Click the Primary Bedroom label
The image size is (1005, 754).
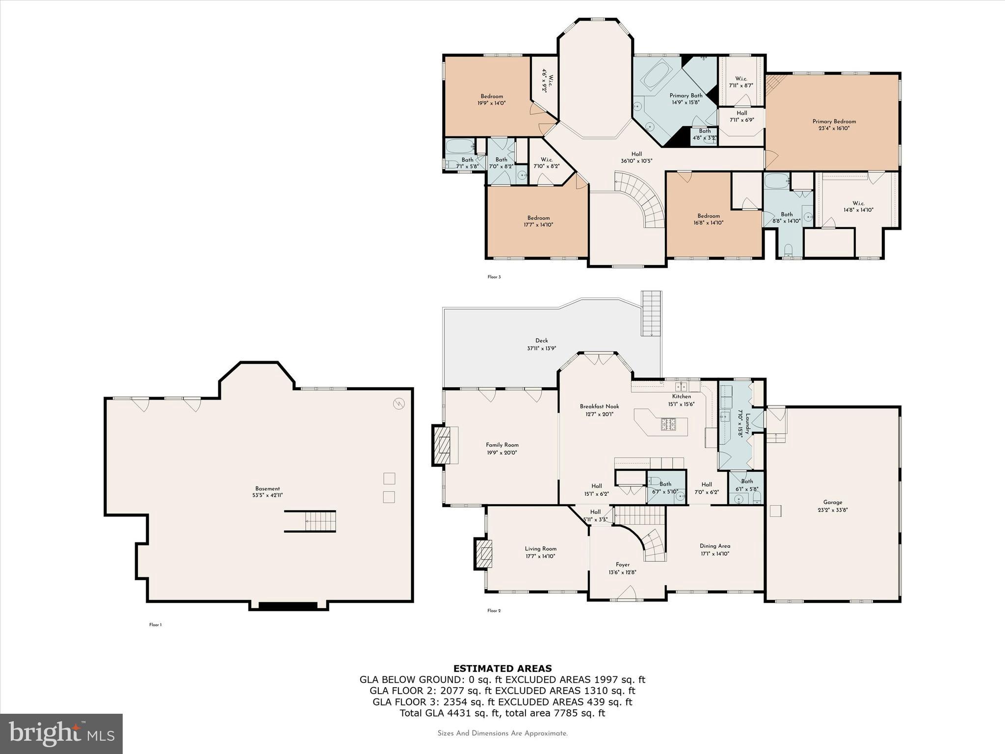(834, 122)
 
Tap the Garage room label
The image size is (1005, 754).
(833, 502)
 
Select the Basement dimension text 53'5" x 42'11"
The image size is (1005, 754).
(267, 495)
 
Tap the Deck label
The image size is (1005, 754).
(541, 340)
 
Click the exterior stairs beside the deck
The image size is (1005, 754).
(652, 313)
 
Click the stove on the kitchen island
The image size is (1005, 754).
(668, 424)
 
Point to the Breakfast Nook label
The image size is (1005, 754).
(599, 406)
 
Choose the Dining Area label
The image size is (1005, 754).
(715, 546)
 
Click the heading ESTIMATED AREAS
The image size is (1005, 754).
(502, 668)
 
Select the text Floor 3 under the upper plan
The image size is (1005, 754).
(494, 277)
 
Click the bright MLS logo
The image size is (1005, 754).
(61, 733)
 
